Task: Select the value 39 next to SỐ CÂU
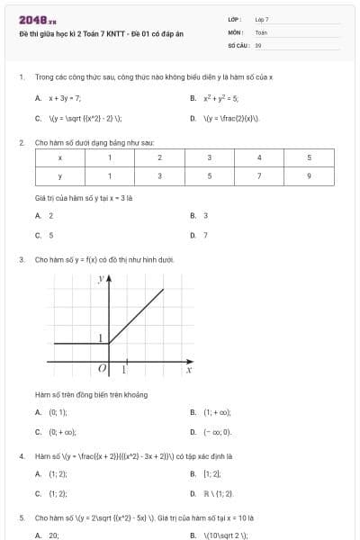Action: (x=258, y=44)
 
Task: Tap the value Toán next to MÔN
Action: (x=261, y=31)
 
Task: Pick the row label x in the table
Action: (x=59, y=157)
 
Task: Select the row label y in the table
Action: (x=59, y=175)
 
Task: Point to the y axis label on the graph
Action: (x=100, y=281)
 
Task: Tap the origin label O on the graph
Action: (x=102, y=369)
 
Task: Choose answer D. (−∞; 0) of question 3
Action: (x=215, y=432)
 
